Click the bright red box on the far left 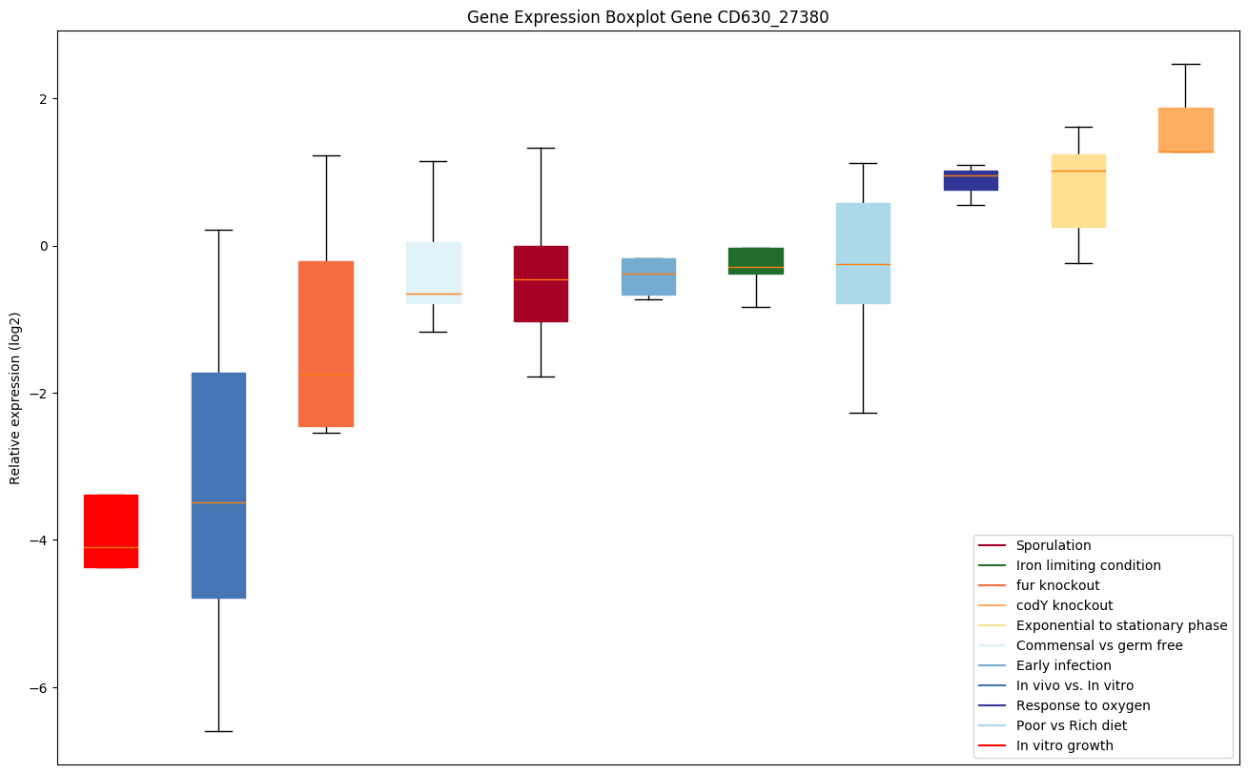tap(111, 531)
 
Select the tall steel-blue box tap(218, 485)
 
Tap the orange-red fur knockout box tap(326, 343)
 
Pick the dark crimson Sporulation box tap(541, 283)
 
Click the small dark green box tap(756, 260)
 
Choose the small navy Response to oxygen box tap(971, 180)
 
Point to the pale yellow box tap(1078, 191)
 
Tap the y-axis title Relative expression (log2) tap(15, 397)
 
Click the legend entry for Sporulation tap(1054, 546)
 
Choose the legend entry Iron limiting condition tap(1088, 566)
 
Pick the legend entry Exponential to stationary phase tap(1121, 626)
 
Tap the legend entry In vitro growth tap(1064, 746)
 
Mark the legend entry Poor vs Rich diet tap(1071, 726)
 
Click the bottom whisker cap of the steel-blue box tap(218, 731)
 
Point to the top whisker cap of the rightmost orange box tap(1185, 64)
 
